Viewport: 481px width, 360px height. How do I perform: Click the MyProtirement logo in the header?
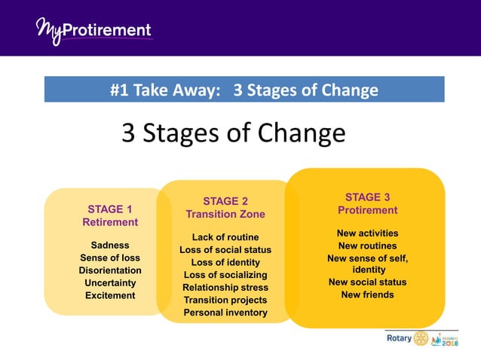[93, 31]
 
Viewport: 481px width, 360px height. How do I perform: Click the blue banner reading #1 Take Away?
[244, 90]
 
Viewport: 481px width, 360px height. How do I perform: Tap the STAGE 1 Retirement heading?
[110, 215]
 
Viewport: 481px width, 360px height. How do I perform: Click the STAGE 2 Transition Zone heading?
[225, 207]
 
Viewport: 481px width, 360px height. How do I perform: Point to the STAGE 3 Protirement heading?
[367, 203]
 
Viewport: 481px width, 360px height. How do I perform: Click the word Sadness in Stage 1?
[110, 246]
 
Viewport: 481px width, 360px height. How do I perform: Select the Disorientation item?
[110, 270]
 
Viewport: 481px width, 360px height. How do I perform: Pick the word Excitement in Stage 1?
[110, 295]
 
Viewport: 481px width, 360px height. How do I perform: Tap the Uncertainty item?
[110, 282]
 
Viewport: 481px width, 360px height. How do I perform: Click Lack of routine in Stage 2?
[225, 237]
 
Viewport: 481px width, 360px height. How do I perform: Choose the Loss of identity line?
[225, 262]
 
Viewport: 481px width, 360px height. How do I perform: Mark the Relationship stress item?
[225, 287]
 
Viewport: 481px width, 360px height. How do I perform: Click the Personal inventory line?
[225, 312]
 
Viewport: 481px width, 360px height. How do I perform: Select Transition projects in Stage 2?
[225, 300]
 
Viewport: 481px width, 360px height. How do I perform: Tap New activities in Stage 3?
[367, 233]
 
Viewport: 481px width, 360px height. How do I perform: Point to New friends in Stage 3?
[367, 294]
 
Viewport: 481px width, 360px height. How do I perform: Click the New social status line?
[367, 282]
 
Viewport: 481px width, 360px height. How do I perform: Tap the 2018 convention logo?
[445, 339]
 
